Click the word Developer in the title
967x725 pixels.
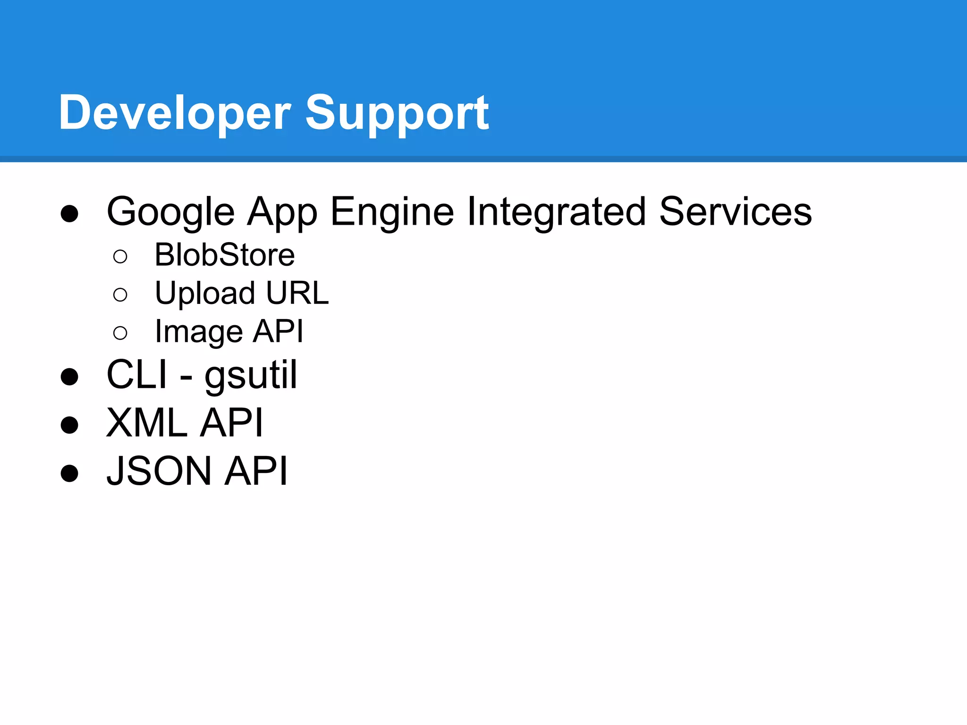click(x=174, y=113)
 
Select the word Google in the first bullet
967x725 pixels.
click(x=170, y=212)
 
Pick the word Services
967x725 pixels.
click(x=735, y=212)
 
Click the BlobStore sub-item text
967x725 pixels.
click(x=225, y=255)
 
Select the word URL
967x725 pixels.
click(x=297, y=293)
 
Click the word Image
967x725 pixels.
click(x=198, y=332)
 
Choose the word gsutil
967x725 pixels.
click(x=251, y=375)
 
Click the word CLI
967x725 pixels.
click(x=137, y=375)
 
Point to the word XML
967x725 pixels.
click(x=147, y=423)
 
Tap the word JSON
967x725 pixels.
click(x=159, y=471)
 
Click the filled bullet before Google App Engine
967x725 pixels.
click(x=69, y=213)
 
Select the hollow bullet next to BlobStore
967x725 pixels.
click(x=120, y=256)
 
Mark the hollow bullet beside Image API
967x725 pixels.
click(x=120, y=333)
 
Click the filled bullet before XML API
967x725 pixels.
click(x=69, y=425)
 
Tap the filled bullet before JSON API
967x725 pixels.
click(x=69, y=473)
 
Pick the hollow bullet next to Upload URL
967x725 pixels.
click(x=120, y=295)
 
